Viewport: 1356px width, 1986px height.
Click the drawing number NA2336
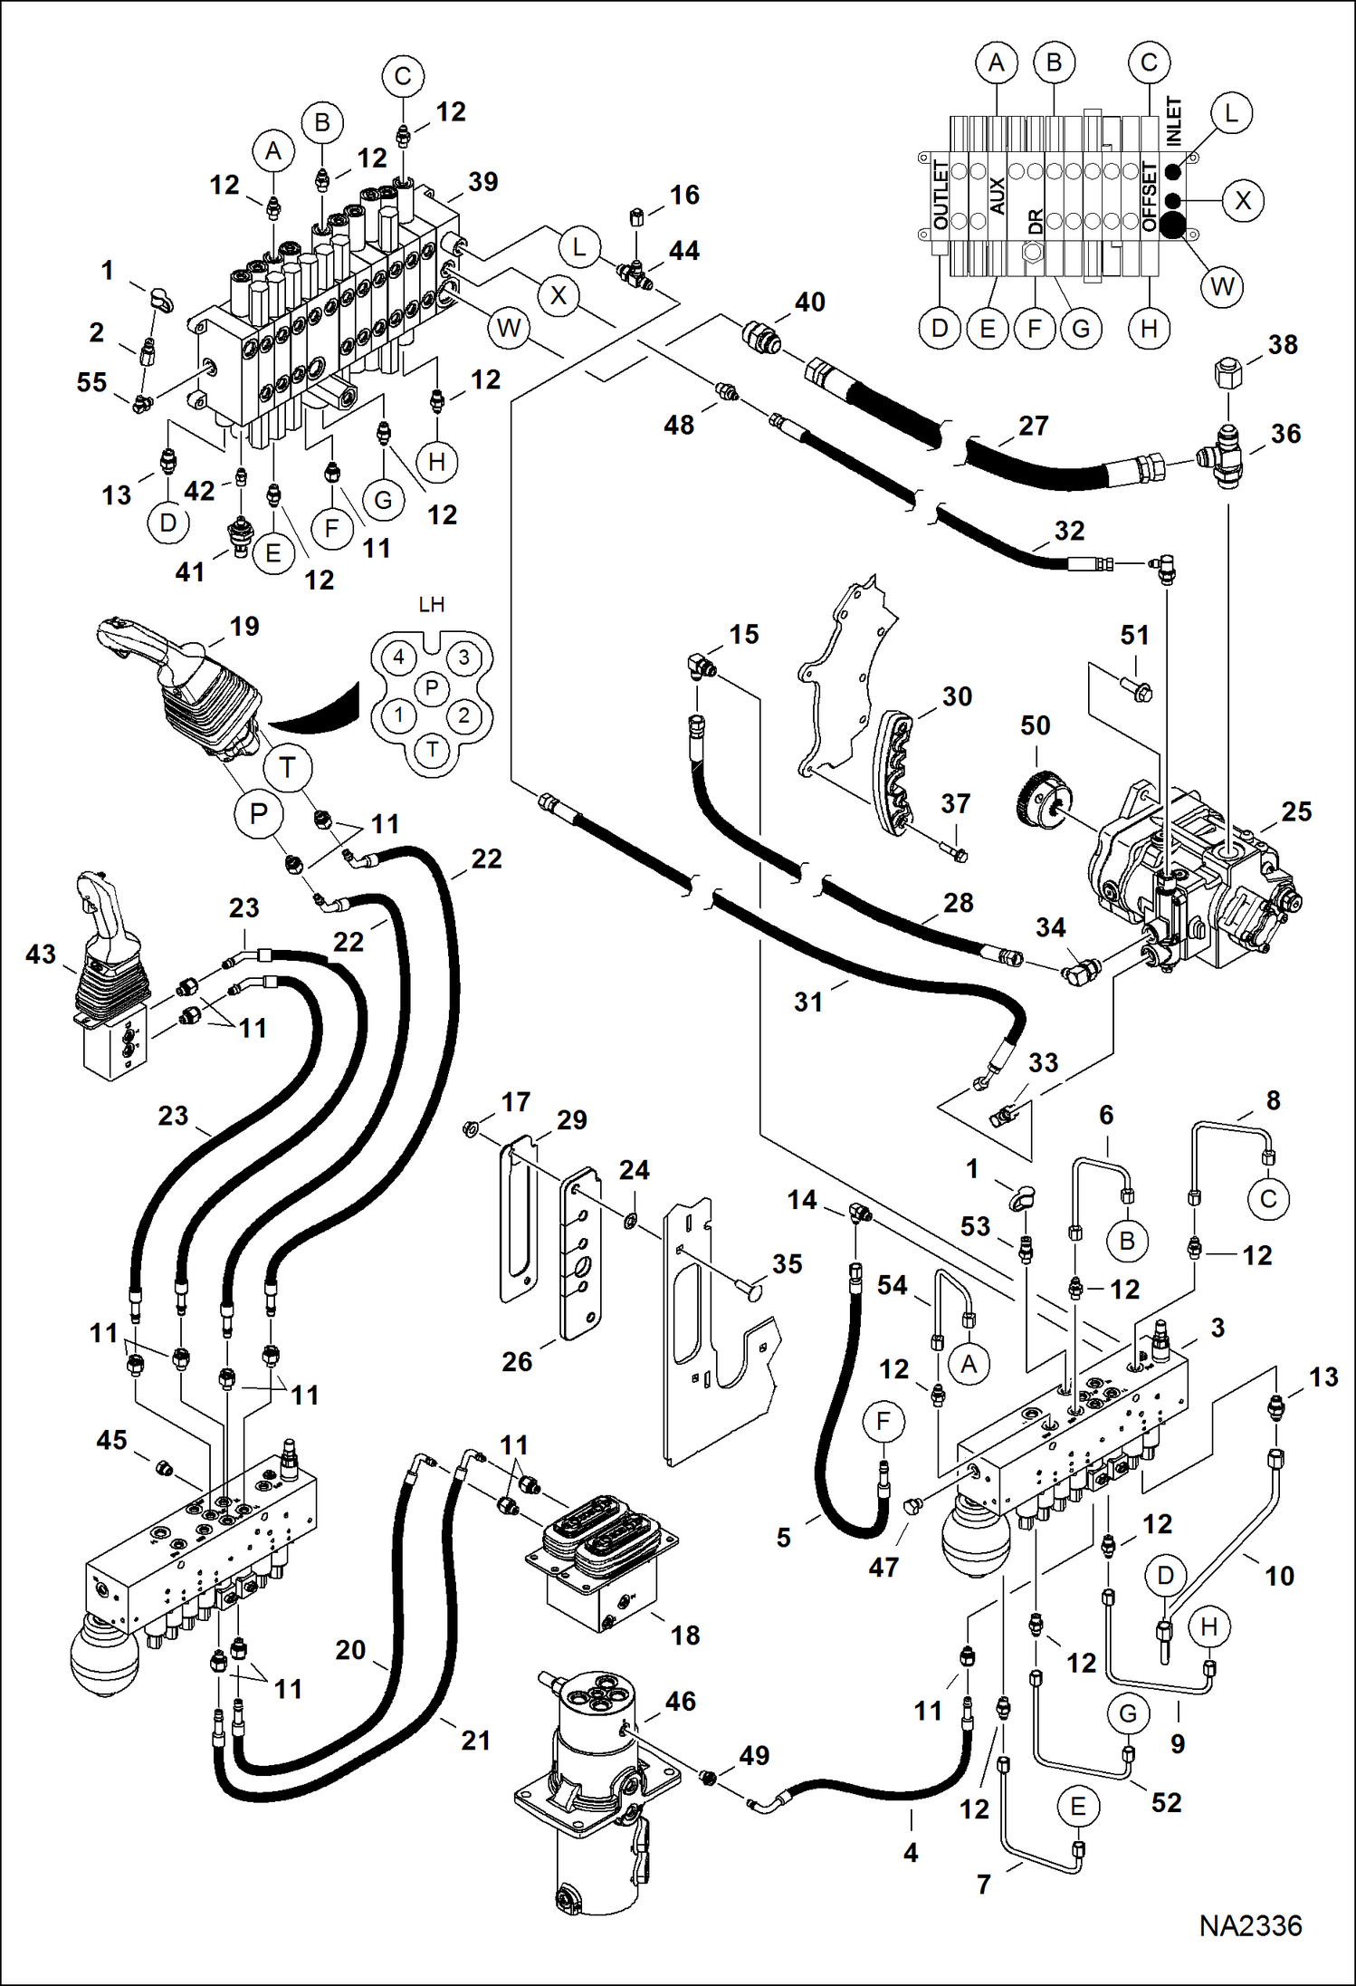click(x=1250, y=1925)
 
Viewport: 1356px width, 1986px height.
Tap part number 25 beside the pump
click(x=1296, y=811)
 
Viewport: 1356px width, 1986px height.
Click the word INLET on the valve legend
click(x=1173, y=121)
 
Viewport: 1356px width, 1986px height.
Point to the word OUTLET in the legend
click(x=941, y=196)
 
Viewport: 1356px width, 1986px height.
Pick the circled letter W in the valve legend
click(x=1222, y=287)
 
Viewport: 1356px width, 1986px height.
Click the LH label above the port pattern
click(x=431, y=604)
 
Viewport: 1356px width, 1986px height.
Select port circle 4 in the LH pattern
click(x=398, y=657)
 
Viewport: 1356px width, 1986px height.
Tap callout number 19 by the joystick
click(x=244, y=626)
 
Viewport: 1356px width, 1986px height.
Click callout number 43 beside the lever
click(x=41, y=954)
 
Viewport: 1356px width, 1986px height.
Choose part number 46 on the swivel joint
click(x=680, y=1701)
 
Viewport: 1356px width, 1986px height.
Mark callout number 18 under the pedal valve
click(x=685, y=1635)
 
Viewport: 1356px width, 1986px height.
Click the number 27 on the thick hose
click(x=1033, y=426)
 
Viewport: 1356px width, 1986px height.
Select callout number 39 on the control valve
click(x=482, y=181)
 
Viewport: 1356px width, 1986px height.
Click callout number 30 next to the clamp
click(x=957, y=696)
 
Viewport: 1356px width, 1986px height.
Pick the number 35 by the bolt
click(x=787, y=1263)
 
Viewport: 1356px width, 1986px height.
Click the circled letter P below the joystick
click(x=259, y=813)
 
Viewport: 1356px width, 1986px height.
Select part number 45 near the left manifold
click(x=111, y=1440)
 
